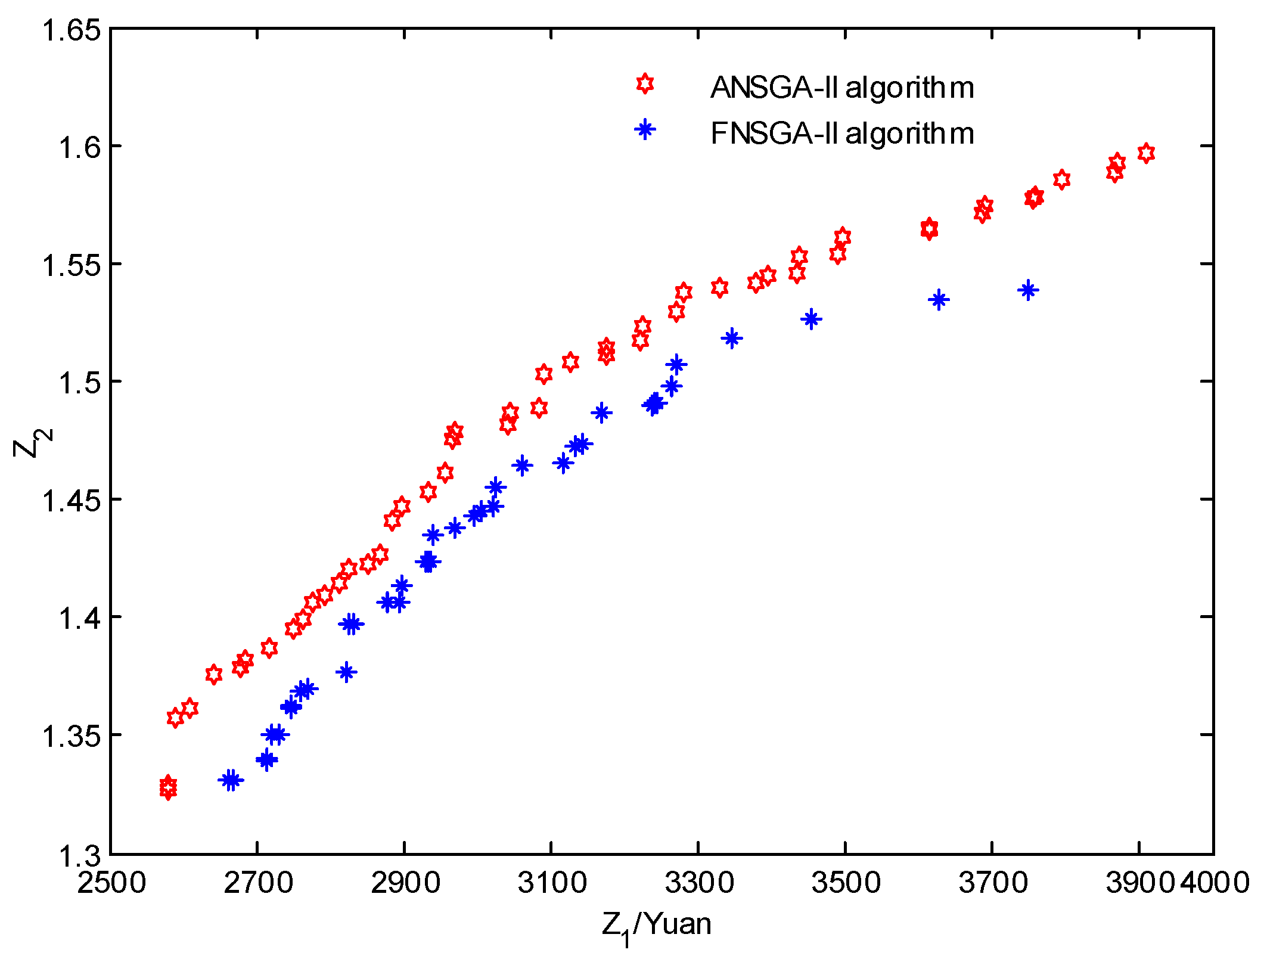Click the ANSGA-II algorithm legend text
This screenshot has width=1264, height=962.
(841, 88)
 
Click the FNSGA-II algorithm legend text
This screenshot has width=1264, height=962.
(841, 134)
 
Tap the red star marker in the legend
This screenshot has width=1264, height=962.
(644, 84)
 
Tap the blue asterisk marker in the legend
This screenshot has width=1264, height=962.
(644, 129)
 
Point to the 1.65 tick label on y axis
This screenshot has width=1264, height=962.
(70, 30)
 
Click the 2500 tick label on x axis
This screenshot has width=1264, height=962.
(111, 883)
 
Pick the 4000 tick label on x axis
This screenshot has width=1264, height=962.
(1215, 883)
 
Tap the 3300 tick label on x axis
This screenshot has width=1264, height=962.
(698, 883)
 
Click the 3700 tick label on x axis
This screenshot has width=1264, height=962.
(992, 883)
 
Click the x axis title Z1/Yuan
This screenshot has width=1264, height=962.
(656, 926)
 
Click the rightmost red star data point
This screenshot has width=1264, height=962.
(1145, 153)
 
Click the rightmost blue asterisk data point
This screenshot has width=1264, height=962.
(1028, 290)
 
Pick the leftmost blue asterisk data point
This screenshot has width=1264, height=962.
(230, 780)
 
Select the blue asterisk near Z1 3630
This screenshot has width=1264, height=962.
(939, 300)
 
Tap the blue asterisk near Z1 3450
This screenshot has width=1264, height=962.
(811, 319)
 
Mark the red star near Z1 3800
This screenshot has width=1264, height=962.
(1061, 179)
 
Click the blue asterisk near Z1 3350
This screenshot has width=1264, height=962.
(732, 339)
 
